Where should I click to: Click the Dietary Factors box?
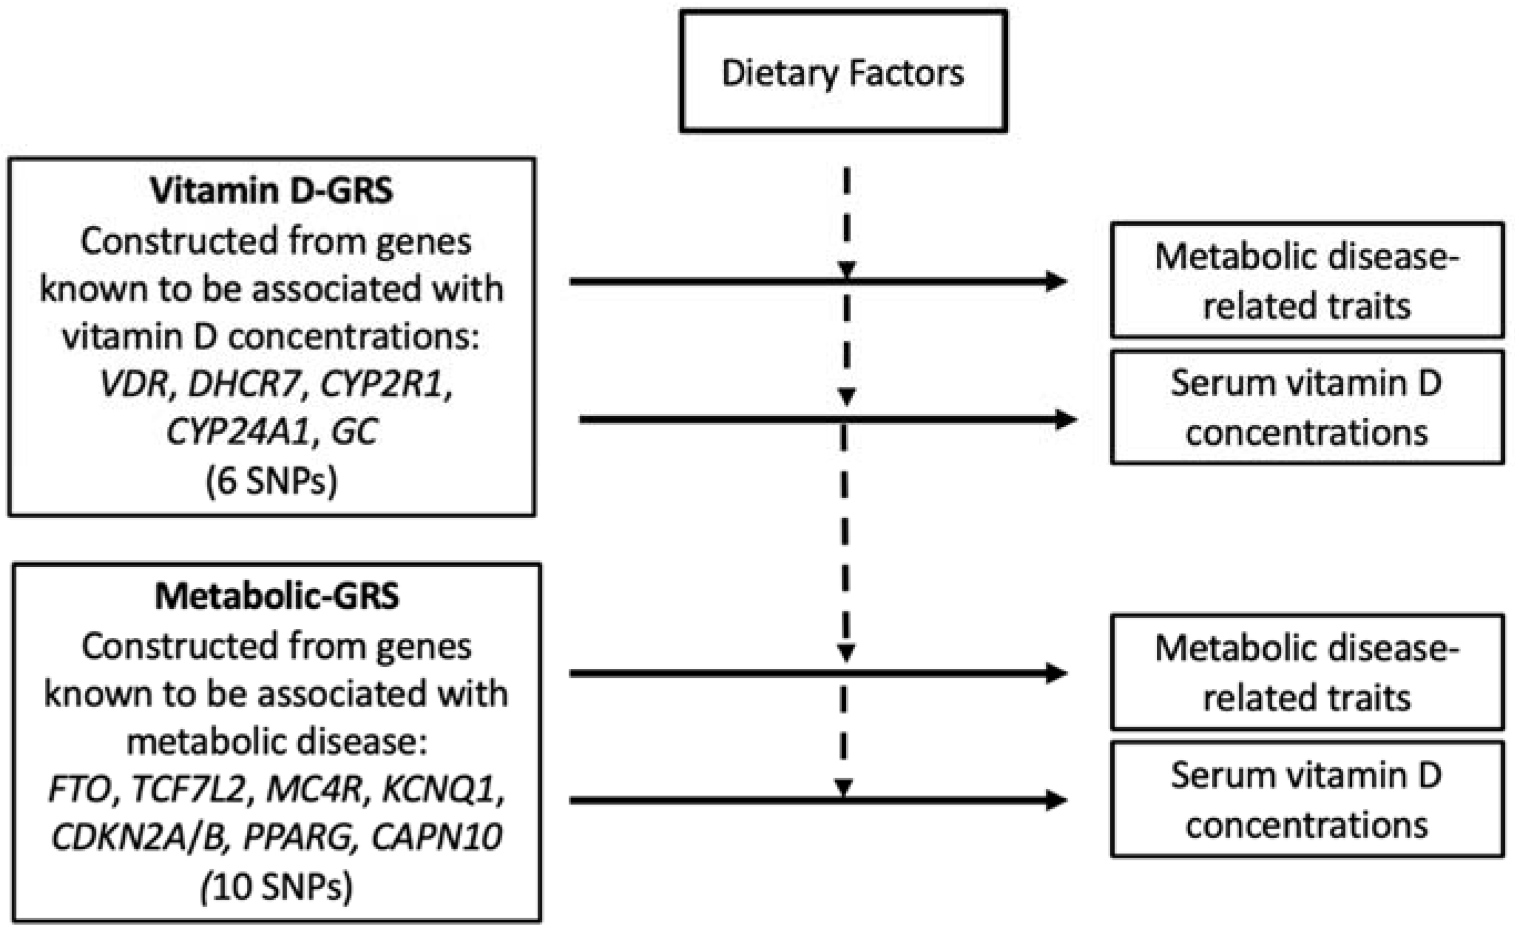(x=843, y=72)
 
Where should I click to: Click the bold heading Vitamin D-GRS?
(x=271, y=190)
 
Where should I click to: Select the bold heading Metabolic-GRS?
(x=276, y=596)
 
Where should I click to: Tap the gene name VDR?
(x=134, y=384)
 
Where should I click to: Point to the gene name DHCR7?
(x=243, y=384)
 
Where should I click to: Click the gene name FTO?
(x=79, y=789)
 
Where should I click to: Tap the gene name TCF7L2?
(x=189, y=789)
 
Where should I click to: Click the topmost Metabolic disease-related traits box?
(x=1306, y=281)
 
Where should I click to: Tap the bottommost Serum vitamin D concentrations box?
(x=1306, y=800)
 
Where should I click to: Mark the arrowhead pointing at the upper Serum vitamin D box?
(x=1065, y=419)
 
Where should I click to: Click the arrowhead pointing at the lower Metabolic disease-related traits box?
(x=1056, y=673)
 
